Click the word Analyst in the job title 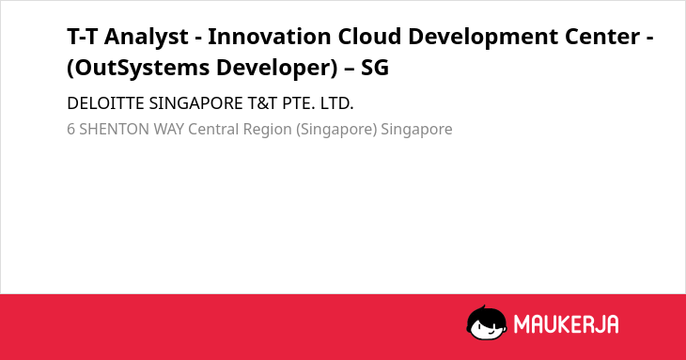[x=146, y=38]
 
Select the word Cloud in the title [x=369, y=36]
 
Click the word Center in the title [x=602, y=37]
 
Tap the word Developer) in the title [x=277, y=69]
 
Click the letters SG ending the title [x=375, y=68]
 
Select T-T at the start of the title [x=82, y=37]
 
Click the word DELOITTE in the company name [x=105, y=103]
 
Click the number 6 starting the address [x=70, y=130]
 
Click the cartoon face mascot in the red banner [x=487, y=322]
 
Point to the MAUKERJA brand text [x=566, y=324]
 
